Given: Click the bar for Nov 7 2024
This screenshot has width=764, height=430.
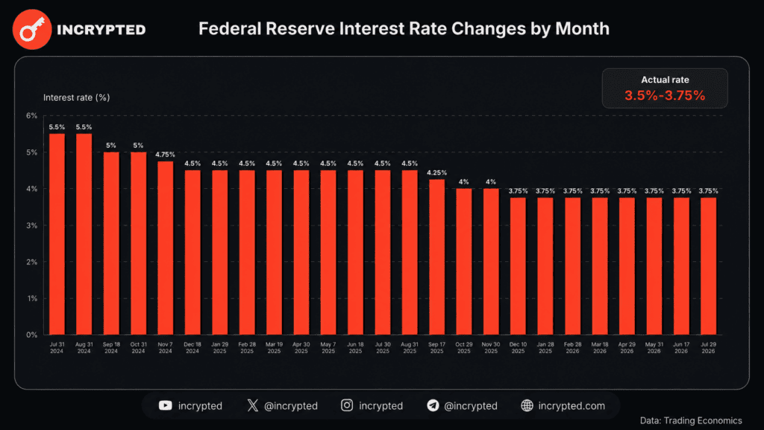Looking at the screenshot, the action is (x=165, y=248).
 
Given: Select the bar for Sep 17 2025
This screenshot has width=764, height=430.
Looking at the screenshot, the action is (x=436, y=257).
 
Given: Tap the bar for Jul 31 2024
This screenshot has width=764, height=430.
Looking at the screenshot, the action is (x=57, y=234).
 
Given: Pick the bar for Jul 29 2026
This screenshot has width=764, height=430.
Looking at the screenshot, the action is (x=708, y=267).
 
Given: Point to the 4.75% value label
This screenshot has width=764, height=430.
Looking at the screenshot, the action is (x=165, y=155).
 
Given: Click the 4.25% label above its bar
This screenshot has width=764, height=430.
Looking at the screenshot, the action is (x=436, y=172).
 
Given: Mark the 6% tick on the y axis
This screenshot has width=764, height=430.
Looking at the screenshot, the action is (x=31, y=116).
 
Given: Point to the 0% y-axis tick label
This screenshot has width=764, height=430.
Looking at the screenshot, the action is (x=31, y=335).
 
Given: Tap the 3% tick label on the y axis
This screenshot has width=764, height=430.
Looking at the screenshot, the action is (x=31, y=225).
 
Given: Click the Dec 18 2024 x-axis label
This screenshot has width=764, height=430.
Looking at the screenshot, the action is (x=192, y=348).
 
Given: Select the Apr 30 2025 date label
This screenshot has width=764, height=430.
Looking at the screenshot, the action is (x=301, y=348).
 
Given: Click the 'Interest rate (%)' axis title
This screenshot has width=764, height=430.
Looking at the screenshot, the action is (x=77, y=98).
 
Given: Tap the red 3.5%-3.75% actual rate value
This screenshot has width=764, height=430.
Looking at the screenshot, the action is (x=665, y=96).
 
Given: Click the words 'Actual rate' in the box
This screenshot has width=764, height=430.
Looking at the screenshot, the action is (x=665, y=80).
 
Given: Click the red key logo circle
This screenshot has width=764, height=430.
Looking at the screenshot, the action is (x=32, y=29).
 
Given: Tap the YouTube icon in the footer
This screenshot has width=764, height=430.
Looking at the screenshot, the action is (x=165, y=405).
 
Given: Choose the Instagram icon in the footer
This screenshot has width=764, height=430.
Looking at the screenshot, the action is (x=347, y=405).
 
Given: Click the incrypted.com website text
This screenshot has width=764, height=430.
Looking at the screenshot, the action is (x=572, y=406).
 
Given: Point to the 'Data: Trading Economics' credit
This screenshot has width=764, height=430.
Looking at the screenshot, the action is (x=691, y=420).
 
